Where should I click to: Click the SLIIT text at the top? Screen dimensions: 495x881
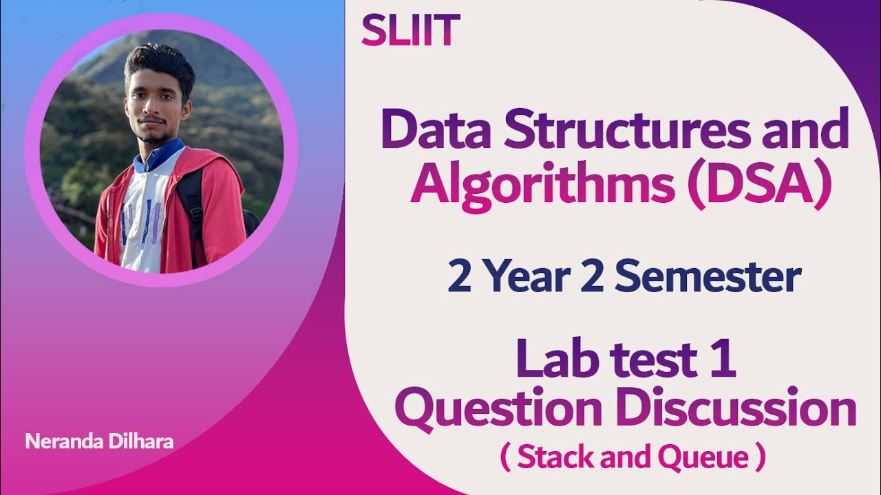click(410, 31)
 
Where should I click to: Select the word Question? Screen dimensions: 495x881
click(498, 409)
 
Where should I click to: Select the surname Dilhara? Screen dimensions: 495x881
click(142, 441)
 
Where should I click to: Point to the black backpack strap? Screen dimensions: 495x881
click(193, 206)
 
